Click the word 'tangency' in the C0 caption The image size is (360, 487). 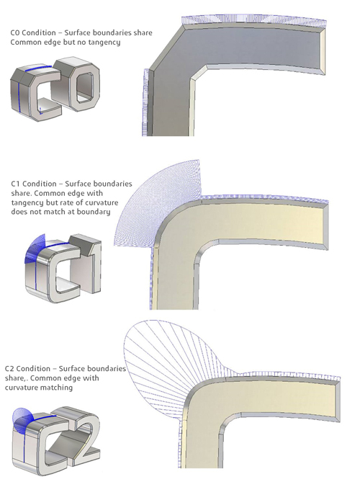click(x=104, y=43)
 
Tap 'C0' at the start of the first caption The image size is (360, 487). click(x=15, y=32)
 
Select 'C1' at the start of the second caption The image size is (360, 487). click(x=16, y=184)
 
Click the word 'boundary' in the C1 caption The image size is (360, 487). click(x=94, y=212)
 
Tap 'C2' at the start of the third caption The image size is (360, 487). click(x=9, y=369)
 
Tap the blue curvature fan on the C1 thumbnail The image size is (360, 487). click(x=34, y=249)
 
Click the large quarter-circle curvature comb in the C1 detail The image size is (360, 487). click(x=161, y=202)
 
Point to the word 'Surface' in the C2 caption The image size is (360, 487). click(x=73, y=369)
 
